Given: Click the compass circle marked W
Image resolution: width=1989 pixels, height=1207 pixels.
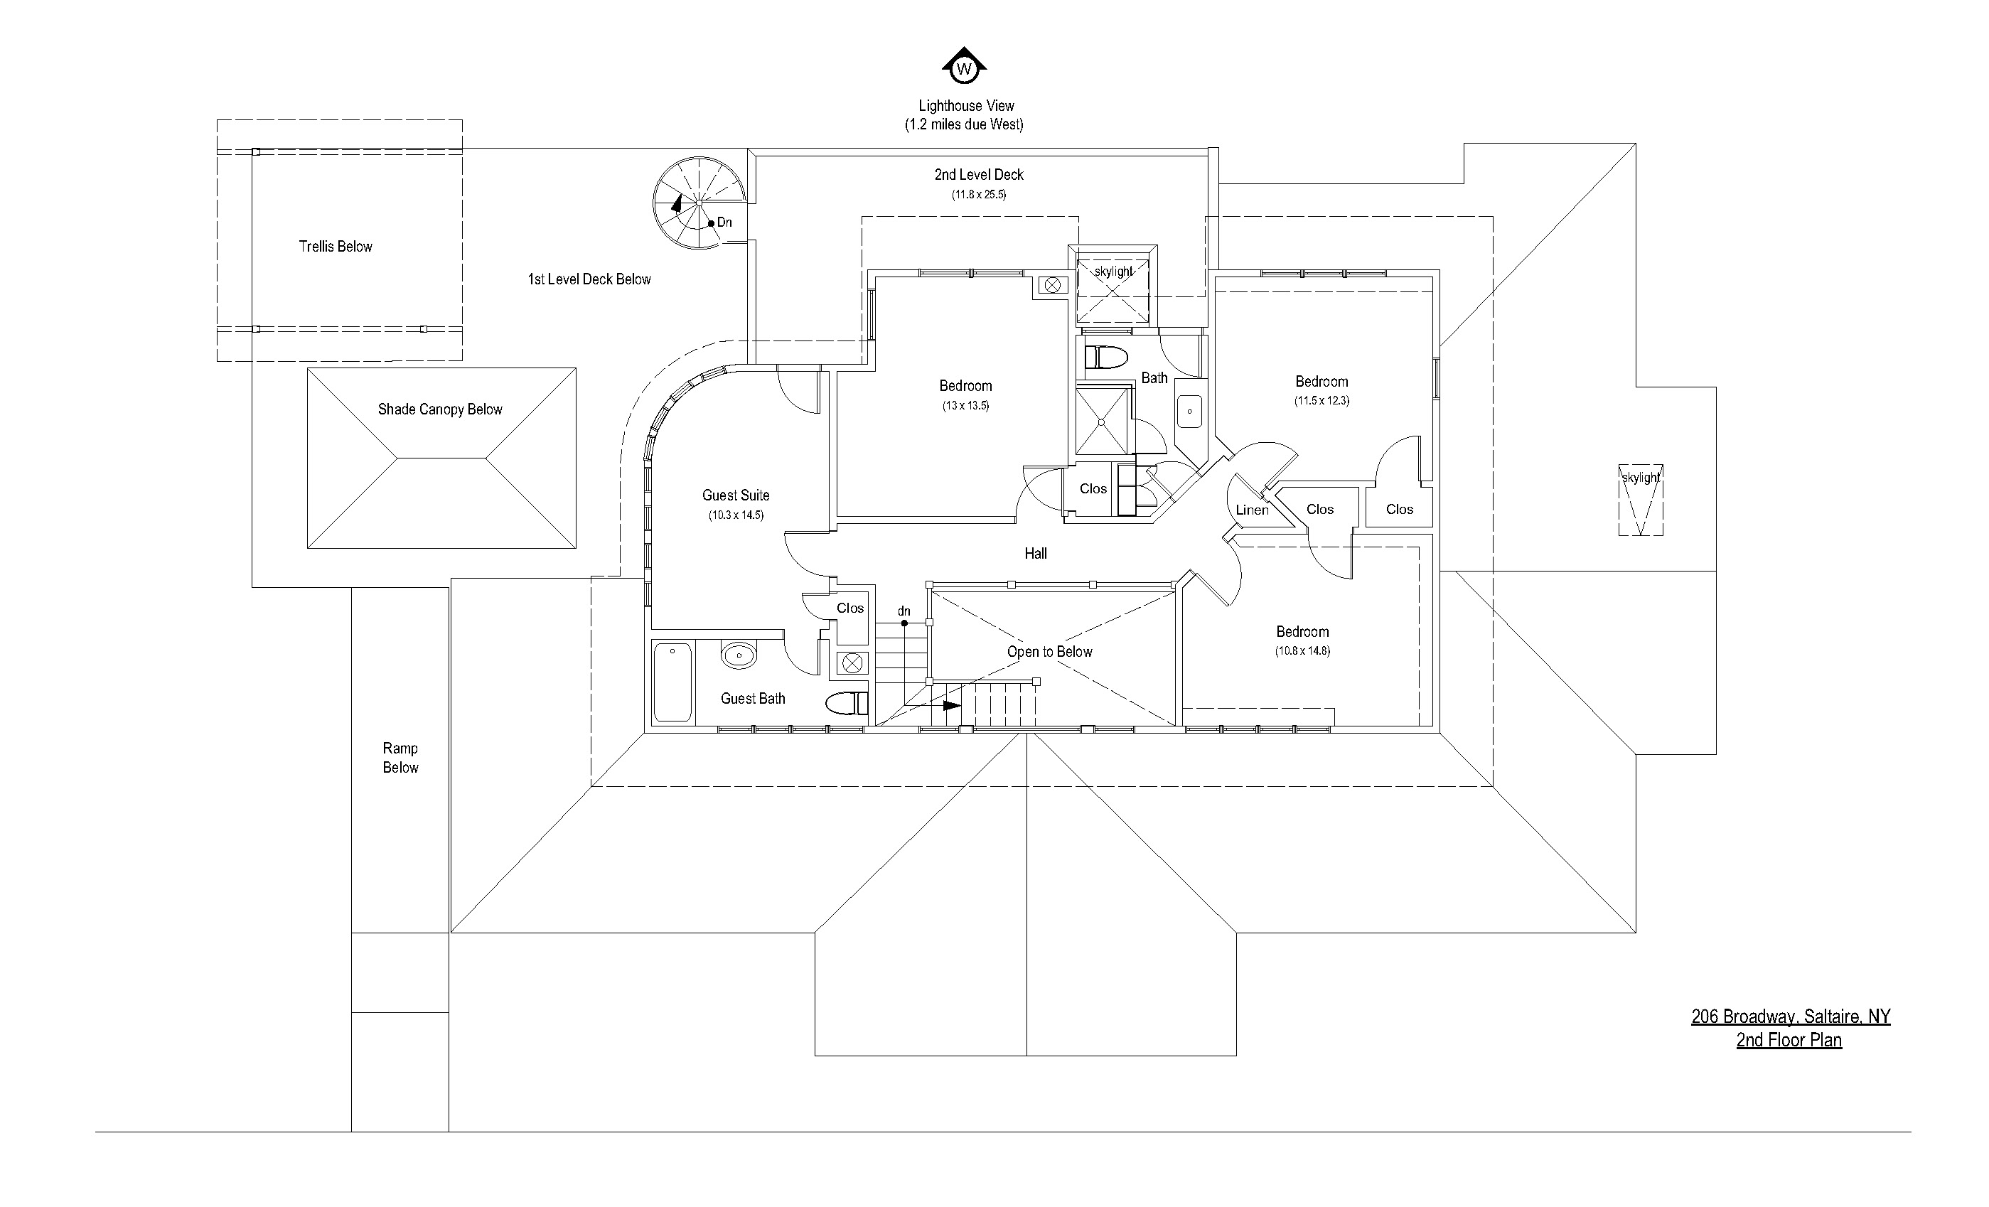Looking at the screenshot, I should pyautogui.click(x=964, y=70).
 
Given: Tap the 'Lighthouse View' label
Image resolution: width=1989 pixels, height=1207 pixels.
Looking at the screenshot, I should pyautogui.click(x=965, y=106).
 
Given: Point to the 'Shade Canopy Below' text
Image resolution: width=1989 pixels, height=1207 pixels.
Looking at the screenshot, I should pyautogui.click(x=440, y=409).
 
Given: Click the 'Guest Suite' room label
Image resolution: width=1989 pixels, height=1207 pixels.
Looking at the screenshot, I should pyautogui.click(x=735, y=495).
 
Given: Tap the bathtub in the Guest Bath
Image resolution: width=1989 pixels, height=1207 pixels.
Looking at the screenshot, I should pyautogui.click(x=672, y=682).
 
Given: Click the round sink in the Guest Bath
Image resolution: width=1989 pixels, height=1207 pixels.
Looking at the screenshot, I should pyautogui.click(x=739, y=655).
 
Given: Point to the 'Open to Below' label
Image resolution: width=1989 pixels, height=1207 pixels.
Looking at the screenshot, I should pyautogui.click(x=1049, y=653).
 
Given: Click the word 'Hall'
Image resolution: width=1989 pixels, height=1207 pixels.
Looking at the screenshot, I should pyautogui.click(x=1036, y=554).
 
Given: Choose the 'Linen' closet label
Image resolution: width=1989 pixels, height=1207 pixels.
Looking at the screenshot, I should pyautogui.click(x=1252, y=510).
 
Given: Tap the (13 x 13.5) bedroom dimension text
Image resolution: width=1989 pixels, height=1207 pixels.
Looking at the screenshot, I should pyautogui.click(x=965, y=406).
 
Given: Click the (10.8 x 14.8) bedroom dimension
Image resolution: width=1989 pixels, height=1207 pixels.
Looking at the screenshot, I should pyautogui.click(x=1302, y=650).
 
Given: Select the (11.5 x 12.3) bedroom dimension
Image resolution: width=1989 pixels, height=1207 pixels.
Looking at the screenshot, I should pyautogui.click(x=1321, y=400).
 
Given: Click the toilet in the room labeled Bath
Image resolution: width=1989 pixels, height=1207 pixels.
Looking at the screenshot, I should pyautogui.click(x=1106, y=357).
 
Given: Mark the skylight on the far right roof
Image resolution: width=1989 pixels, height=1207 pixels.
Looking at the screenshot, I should pyautogui.click(x=1640, y=500).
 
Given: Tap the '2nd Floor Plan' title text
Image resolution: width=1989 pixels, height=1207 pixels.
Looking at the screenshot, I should pyautogui.click(x=1789, y=1040).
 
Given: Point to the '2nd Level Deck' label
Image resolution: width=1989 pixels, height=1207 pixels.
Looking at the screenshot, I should pyautogui.click(x=978, y=175).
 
